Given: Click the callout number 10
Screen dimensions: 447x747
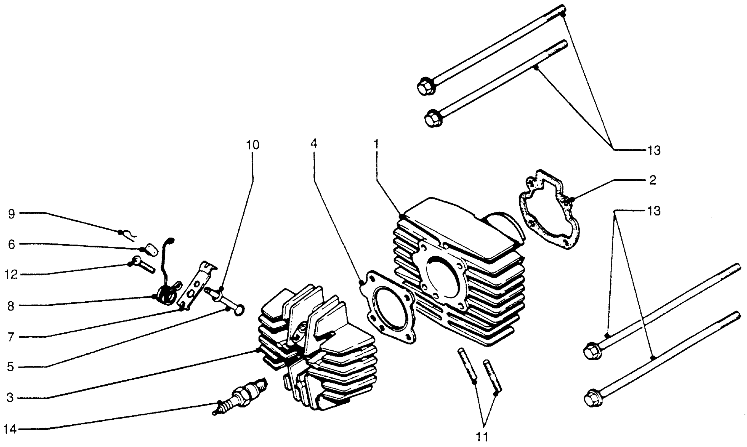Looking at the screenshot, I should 253,145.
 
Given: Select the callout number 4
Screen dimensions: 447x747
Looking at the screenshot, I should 314,144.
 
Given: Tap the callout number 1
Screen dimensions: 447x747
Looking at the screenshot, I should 376,144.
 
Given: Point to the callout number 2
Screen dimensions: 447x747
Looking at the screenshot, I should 652,180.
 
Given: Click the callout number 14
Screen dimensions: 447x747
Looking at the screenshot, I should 10,429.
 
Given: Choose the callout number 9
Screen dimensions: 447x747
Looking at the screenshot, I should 11,215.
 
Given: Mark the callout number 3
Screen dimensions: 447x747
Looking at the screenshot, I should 10,398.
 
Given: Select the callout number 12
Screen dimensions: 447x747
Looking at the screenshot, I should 11,275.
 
